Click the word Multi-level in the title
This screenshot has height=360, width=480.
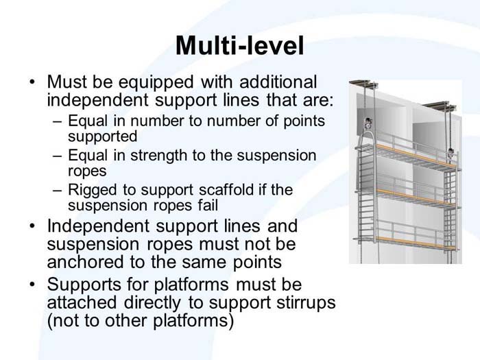tap(239, 45)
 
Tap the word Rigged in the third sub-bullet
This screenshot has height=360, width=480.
tap(91, 190)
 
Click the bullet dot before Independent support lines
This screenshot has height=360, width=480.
tap(32, 226)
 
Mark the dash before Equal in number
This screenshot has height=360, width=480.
tap(57, 121)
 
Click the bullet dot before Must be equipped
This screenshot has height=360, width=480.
tap(32, 82)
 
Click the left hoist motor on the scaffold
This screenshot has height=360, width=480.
tap(367, 125)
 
